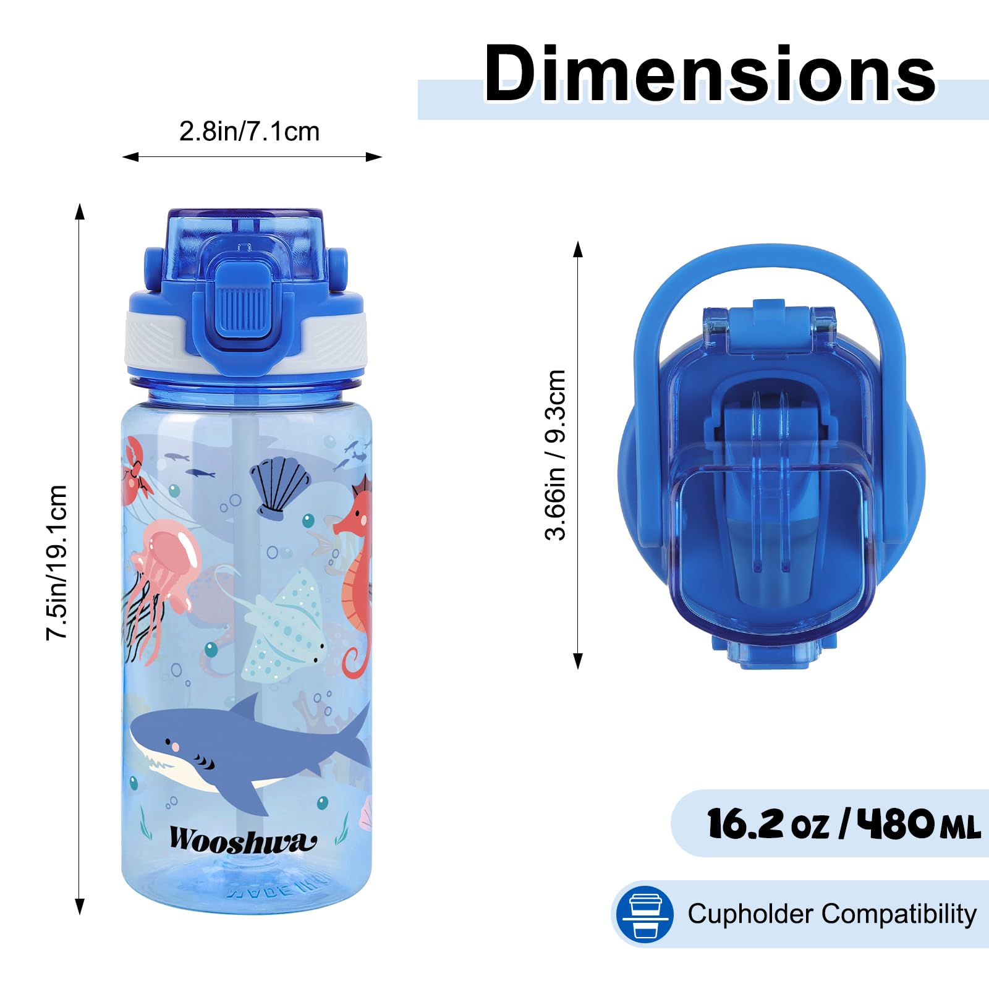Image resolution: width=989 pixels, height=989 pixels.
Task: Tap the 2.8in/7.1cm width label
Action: pos(249,131)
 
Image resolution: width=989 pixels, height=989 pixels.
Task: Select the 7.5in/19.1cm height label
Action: pos(56,562)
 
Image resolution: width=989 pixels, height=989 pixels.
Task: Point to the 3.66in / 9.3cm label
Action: pos(555,455)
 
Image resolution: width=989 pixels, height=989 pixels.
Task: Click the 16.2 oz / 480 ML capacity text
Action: pos(844,824)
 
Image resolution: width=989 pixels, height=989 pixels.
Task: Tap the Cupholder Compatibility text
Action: pos(832,914)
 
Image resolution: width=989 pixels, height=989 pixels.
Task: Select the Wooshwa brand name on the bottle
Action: pos(243,840)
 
